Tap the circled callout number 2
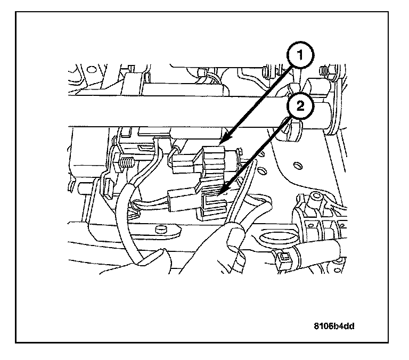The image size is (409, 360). (300, 107)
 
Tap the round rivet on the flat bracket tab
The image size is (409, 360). (158, 230)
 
